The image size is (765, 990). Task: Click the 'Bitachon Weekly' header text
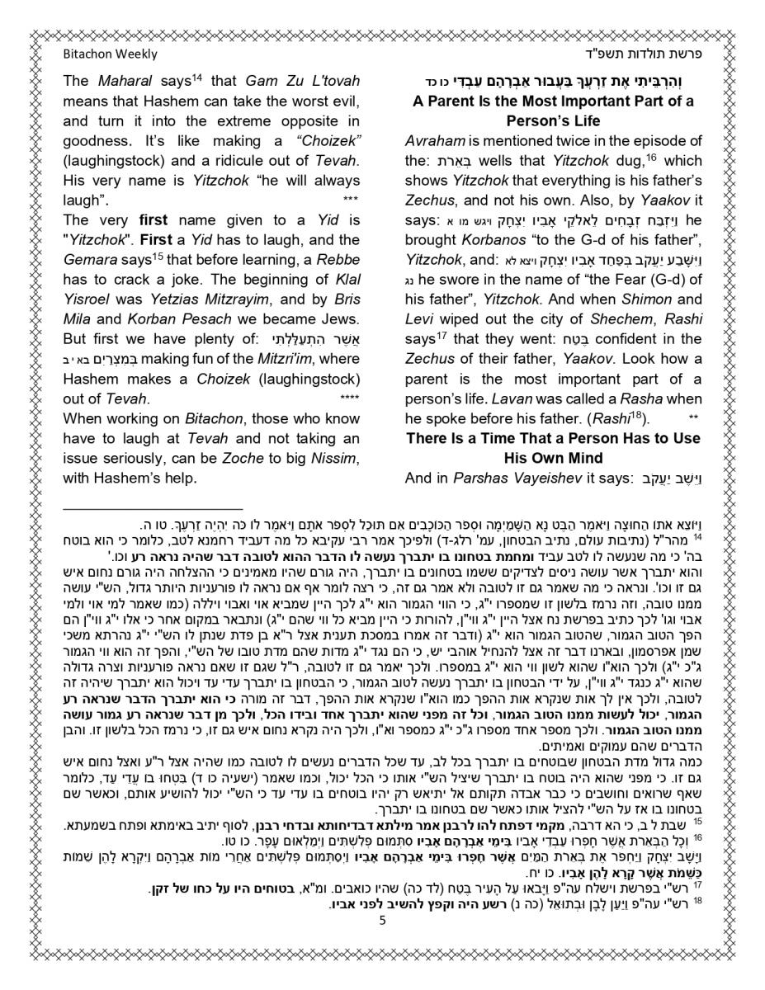pyautogui.click(x=110, y=54)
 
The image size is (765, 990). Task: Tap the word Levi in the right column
pyautogui.click(x=421, y=319)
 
